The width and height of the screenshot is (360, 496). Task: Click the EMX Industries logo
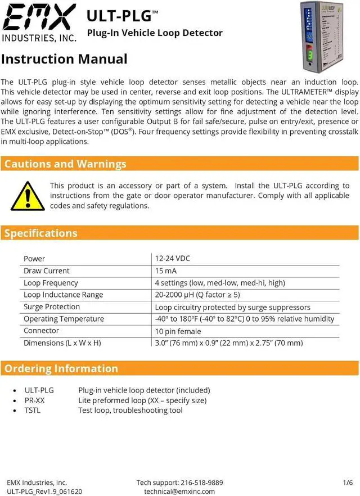coord(39,22)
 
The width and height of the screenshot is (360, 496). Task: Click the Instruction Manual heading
coord(64,59)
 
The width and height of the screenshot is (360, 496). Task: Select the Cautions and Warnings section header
coord(65,164)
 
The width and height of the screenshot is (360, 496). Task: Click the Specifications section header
coord(41,233)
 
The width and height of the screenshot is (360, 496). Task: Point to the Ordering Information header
coord(61,369)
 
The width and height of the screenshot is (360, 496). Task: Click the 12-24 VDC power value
coord(173,259)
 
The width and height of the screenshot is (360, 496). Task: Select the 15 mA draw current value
coord(167,271)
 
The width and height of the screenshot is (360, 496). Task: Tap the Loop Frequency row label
coord(51,283)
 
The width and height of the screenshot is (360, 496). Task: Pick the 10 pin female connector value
coord(178,331)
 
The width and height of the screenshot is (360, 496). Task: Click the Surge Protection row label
coord(52,307)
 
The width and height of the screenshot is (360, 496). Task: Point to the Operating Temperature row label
coord(64,319)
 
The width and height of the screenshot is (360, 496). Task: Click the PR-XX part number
coord(34,400)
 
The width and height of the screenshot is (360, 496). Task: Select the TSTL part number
coord(33,411)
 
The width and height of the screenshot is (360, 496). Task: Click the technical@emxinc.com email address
coord(179,492)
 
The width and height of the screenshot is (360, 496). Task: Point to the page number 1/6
coord(348,483)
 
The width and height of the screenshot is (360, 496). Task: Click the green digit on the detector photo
coord(310,56)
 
